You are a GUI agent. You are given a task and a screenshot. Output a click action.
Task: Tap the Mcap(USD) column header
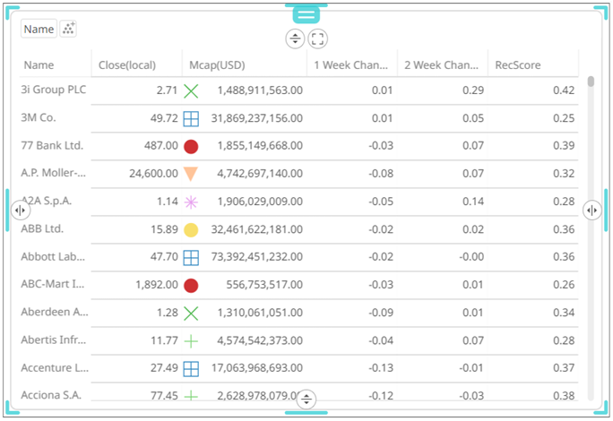pos(217,64)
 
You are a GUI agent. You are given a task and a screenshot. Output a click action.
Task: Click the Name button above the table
pos(39,29)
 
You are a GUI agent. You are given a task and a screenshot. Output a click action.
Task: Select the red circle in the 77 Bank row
pos(191,146)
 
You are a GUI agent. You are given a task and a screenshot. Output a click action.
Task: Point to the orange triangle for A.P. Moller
pos(191,174)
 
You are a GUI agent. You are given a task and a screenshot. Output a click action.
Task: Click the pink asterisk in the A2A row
pos(191,202)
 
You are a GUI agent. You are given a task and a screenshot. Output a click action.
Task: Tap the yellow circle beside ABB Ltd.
pos(191,229)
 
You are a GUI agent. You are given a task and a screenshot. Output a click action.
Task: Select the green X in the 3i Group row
pos(191,90)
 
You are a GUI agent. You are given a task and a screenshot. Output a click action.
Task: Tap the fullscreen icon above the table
pos(318,39)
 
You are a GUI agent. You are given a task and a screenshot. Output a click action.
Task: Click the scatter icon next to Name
pos(69,29)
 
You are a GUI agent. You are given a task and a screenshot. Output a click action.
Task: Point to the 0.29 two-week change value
pos(474,90)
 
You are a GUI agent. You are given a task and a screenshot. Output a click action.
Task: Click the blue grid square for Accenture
pos(191,368)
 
